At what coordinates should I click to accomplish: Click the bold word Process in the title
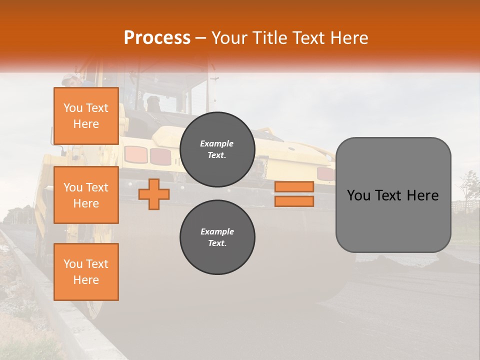coord(157,37)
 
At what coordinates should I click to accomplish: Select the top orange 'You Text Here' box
coord(86,116)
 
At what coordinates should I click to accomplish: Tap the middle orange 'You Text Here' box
coord(86,195)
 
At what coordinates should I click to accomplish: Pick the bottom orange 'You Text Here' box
coord(86,272)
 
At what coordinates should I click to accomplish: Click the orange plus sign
coord(154,194)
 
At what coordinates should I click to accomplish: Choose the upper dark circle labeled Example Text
coord(217,149)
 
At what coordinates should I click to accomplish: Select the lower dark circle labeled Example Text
coord(217,237)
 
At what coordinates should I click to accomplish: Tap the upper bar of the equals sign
coord(294,187)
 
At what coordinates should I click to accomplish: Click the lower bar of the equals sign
coord(294,201)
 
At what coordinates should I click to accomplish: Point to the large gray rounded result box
coord(393,195)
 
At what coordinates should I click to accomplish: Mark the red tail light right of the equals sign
coord(325,173)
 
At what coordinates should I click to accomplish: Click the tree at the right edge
coord(469,187)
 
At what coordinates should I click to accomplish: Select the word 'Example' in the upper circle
coord(217,143)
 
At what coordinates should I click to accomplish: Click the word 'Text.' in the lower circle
coord(217,243)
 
